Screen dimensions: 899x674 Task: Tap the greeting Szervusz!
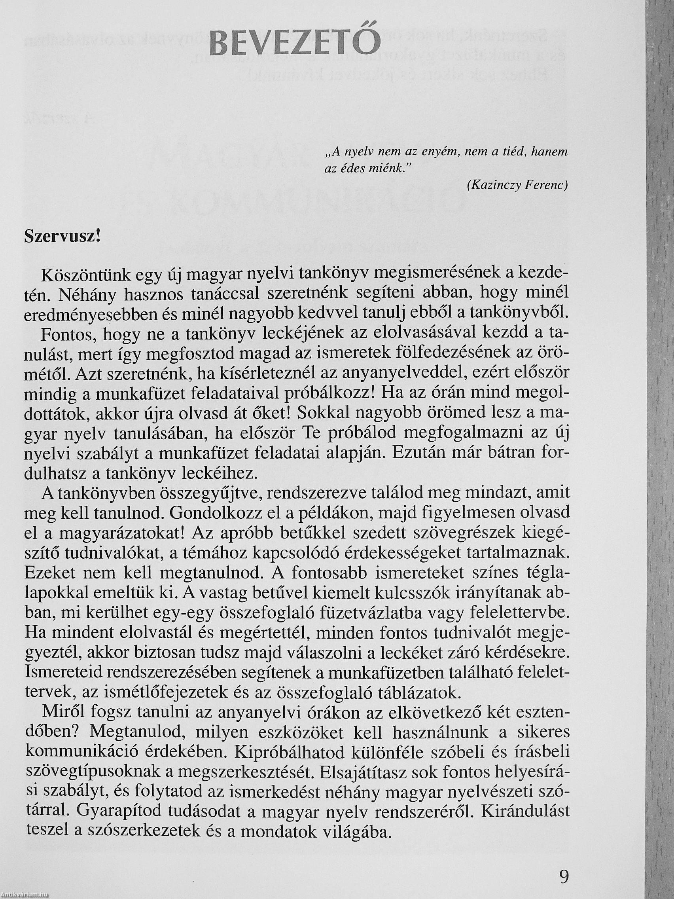(x=62, y=237)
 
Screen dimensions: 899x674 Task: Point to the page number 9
(x=564, y=874)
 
